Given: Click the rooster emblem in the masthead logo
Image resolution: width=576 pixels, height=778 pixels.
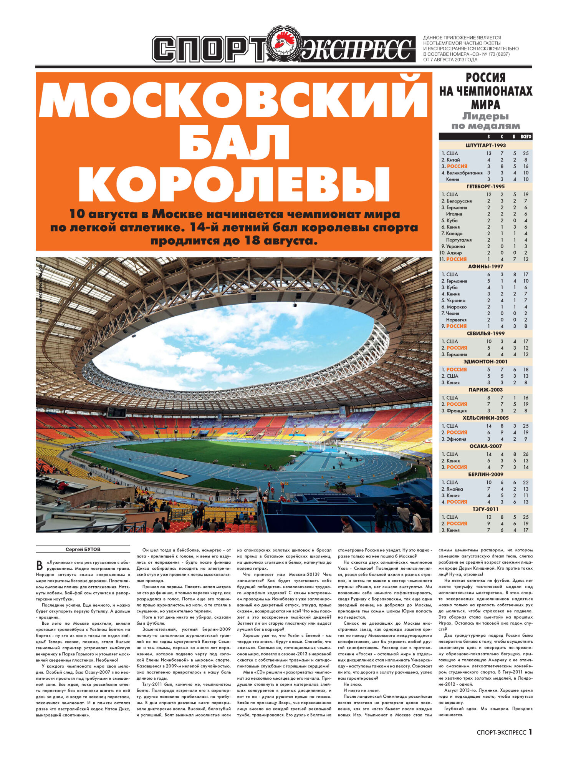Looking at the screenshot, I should [x=284, y=45].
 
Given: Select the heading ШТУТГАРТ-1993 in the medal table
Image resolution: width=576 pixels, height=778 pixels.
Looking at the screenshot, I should [x=485, y=146].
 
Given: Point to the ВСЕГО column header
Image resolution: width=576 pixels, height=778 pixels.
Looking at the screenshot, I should [x=526, y=136].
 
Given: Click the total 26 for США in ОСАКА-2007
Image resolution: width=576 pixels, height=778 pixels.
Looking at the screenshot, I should [x=526, y=454].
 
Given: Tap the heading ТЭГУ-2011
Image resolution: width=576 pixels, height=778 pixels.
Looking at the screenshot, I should [x=485, y=509].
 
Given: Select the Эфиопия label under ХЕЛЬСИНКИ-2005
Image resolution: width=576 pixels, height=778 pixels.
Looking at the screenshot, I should [x=456, y=439].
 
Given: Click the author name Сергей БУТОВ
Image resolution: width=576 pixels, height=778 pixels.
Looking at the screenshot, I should [x=83, y=549].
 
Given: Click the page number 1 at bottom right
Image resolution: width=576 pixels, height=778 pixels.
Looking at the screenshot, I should [x=530, y=732].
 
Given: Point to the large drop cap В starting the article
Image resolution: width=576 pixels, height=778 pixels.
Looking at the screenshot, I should [x=39, y=566].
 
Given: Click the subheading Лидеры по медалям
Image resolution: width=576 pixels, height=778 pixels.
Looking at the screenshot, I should [x=485, y=121].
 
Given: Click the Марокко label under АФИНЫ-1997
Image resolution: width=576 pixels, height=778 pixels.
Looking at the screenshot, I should [x=457, y=307].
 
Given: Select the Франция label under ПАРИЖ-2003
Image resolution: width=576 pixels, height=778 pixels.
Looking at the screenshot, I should [x=456, y=411].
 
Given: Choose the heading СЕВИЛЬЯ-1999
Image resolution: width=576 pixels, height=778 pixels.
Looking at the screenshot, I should [x=485, y=333].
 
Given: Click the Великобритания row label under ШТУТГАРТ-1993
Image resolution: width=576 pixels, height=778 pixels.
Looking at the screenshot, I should [x=464, y=173].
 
